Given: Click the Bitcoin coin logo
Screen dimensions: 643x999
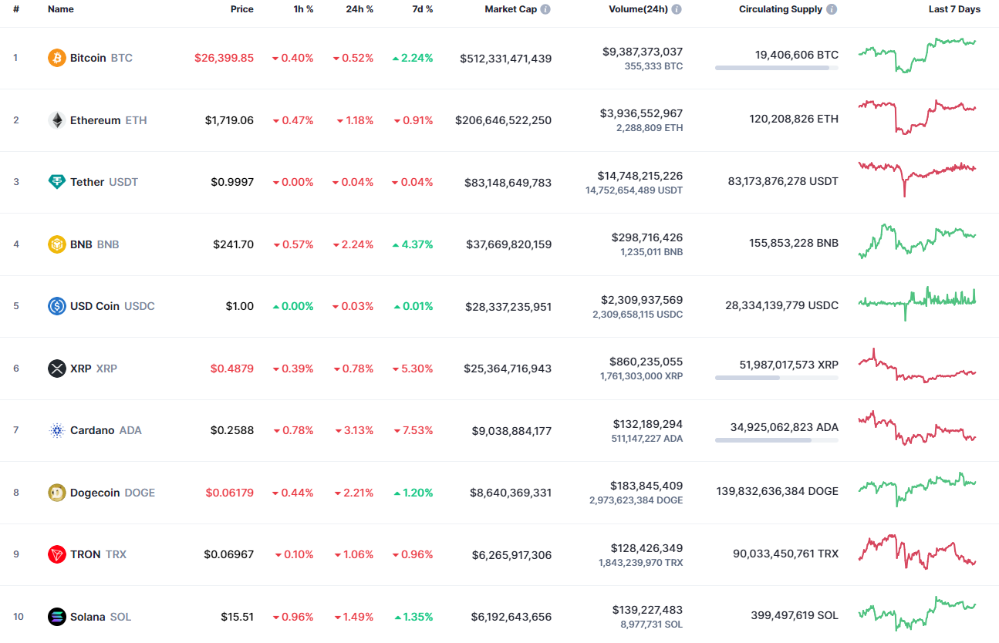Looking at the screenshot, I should pos(57,58).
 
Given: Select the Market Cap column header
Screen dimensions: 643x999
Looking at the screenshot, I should pos(510,9).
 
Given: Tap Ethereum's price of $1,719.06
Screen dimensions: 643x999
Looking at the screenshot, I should pos(229,120).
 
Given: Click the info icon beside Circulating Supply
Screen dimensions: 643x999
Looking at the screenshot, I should pos(831,9).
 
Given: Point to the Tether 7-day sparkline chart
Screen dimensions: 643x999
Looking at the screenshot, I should pos(916,177).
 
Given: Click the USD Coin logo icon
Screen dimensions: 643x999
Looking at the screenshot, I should pos(57,306).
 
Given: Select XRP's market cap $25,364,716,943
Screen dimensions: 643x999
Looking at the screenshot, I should pos(508,369).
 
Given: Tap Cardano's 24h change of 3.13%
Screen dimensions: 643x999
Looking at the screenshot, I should pos(354,430).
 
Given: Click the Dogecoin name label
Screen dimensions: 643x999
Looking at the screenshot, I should pos(95,493).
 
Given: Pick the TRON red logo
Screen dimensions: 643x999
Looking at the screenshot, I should pos(57,554).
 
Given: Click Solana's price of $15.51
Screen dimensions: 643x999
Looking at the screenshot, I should pos(238,617).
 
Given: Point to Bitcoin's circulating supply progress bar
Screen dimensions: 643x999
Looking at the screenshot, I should pos(776,68).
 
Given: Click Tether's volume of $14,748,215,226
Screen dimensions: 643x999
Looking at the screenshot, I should pos(640,176).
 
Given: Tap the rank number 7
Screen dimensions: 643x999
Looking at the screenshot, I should pos(15,430).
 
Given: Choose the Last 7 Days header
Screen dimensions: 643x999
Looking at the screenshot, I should pos(954,9).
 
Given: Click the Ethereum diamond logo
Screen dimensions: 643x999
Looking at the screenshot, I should pos(57,120).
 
